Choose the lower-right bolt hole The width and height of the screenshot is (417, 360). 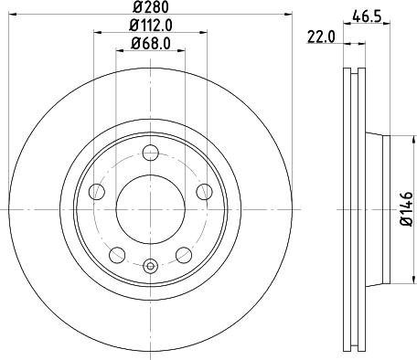(184, 253)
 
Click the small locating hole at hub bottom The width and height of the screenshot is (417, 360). (151, 267)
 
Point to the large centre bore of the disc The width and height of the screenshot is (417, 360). (151, 205)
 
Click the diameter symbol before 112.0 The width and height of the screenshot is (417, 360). (128, 26)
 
